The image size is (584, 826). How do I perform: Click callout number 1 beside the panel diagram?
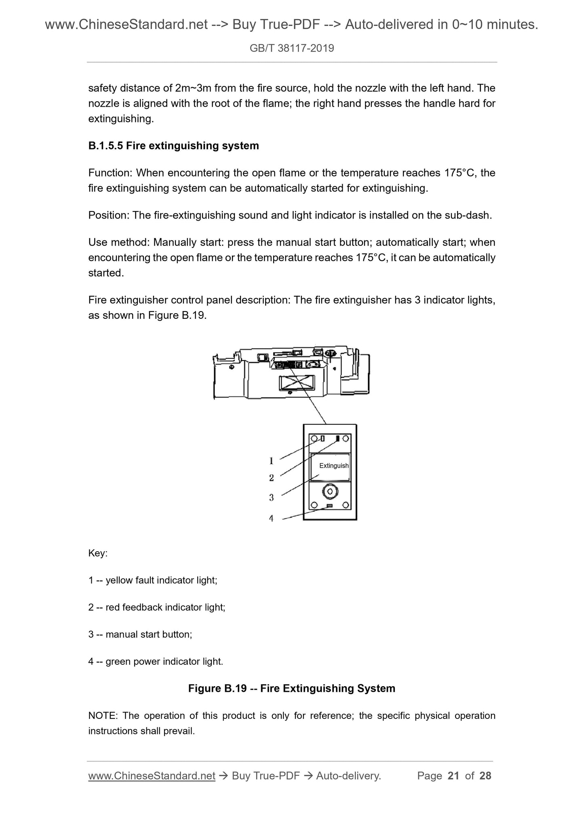(x=271, y=461)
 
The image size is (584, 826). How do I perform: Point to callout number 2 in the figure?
(x=272, y=478)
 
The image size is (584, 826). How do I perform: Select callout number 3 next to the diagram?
(x=272, y=498)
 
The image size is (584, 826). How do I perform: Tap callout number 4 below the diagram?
(x=271, y=518)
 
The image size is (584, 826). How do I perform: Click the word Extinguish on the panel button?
(x=333, y=466)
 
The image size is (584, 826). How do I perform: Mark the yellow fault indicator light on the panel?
(x=323, y=438)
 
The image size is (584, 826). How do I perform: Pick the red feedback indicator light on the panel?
(x=338, y=438)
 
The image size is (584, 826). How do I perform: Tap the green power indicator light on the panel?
(x=329, y=506)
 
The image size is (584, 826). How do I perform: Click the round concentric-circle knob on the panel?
(x=330, y=491)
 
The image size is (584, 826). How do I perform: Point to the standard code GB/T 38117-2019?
(x=292, y=48)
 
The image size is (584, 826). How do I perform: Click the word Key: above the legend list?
(x=98, y=553)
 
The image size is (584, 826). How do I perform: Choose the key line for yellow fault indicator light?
(x=153, y=580)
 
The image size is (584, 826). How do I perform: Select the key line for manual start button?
(x=140, y=634)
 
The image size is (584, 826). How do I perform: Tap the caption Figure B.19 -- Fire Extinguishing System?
(x=292, y=688)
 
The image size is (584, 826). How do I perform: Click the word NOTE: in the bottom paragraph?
(x=103, y=716)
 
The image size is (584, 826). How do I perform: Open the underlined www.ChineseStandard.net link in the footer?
(x=152, y=775)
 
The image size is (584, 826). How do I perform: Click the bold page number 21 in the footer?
(x=453, y=775)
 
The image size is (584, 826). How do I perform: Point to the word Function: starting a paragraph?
(x=110, y=173)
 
